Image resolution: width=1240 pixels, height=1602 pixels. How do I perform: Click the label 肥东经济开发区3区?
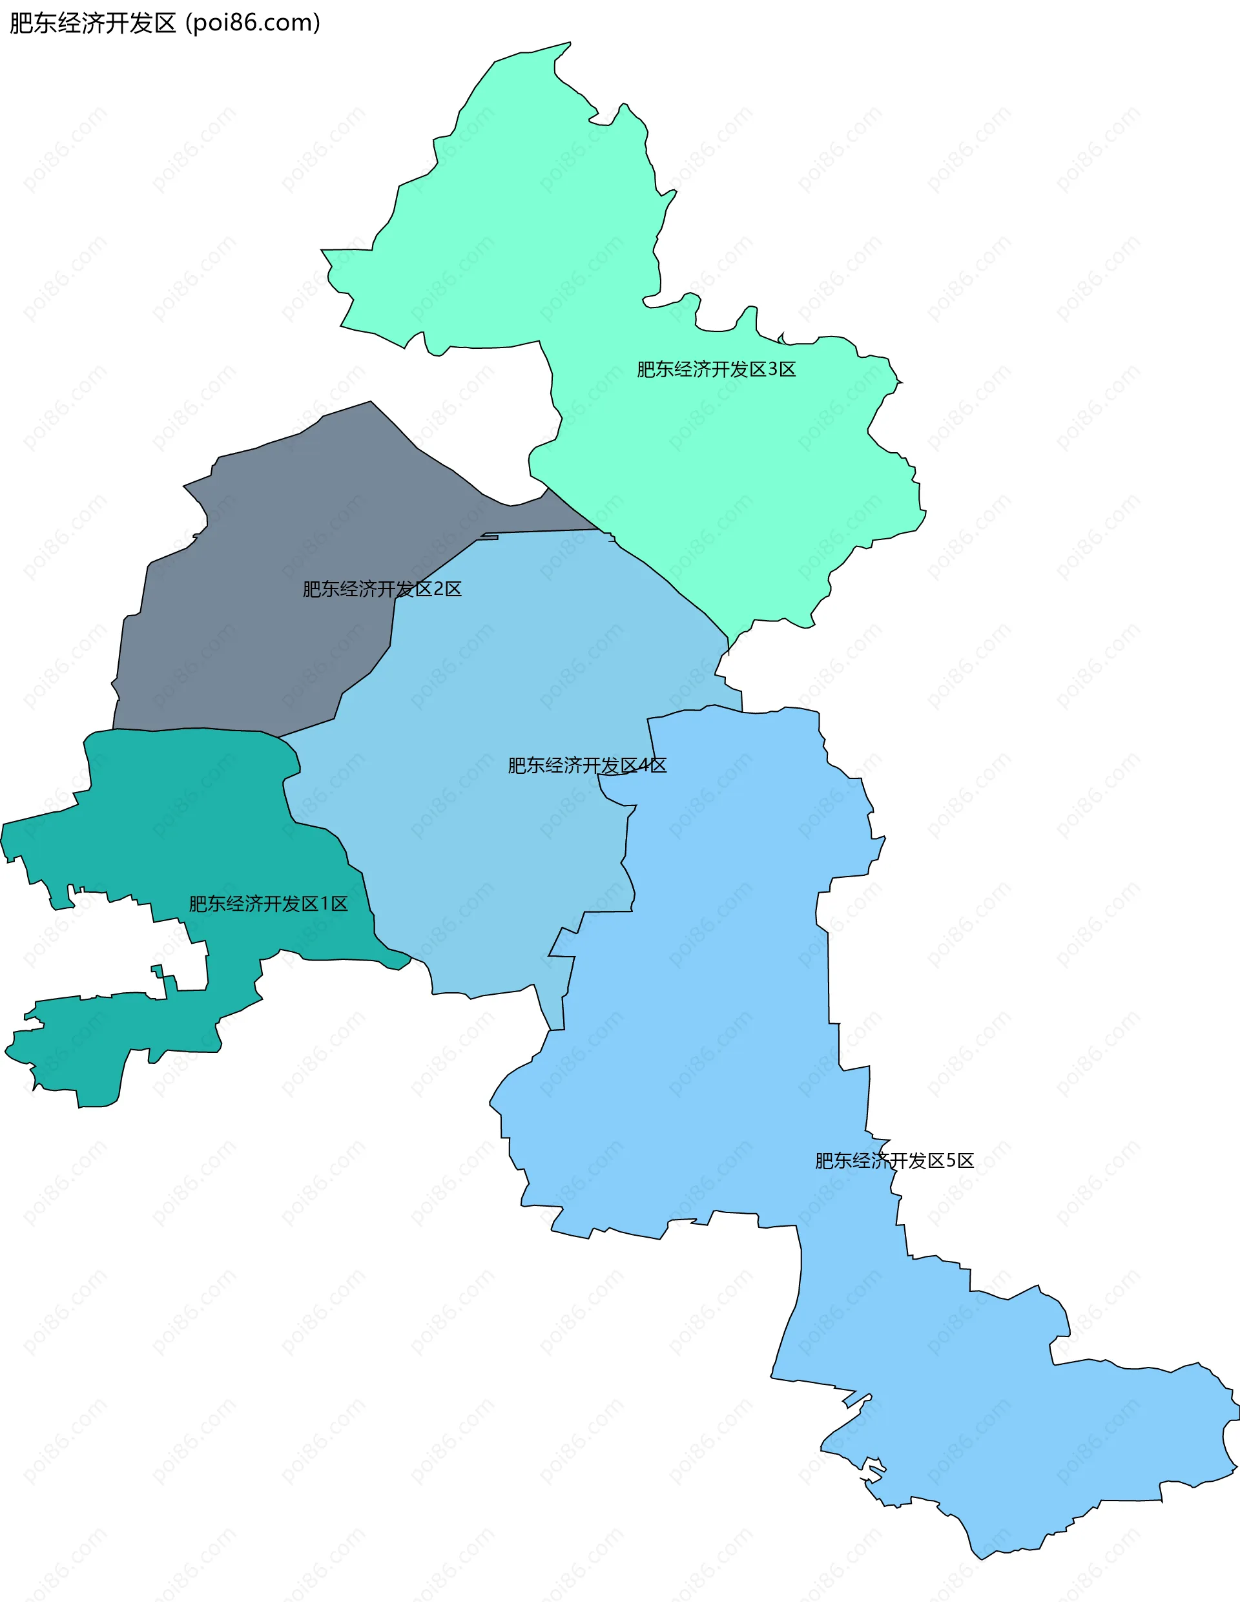pos(716,369)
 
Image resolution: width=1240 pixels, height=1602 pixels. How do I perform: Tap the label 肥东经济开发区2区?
pos(382,589)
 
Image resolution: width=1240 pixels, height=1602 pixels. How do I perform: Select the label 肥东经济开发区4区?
pos(586,765)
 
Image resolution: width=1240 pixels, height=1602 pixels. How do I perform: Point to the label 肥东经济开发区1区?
pos(269,904)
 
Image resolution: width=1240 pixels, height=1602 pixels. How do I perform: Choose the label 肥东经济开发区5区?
pos(894,1160)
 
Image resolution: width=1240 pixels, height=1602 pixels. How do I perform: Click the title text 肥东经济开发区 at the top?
pos(92,23)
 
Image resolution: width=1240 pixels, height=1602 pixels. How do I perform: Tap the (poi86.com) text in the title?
pos(253,23)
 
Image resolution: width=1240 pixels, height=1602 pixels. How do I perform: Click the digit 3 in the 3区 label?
pos(772,369)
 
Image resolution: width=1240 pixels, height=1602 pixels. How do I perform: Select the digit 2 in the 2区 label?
pos(439,589)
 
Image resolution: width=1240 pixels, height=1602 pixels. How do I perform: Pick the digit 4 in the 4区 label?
pos(643,765)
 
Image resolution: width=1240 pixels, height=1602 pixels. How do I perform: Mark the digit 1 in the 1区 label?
pos(325,904)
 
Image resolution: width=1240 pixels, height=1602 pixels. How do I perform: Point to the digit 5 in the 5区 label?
pos(951,1160)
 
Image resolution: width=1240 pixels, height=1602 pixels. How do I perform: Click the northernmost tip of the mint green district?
pos(569,43)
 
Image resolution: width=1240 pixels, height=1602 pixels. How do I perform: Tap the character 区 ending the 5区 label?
pos(965,1160)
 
